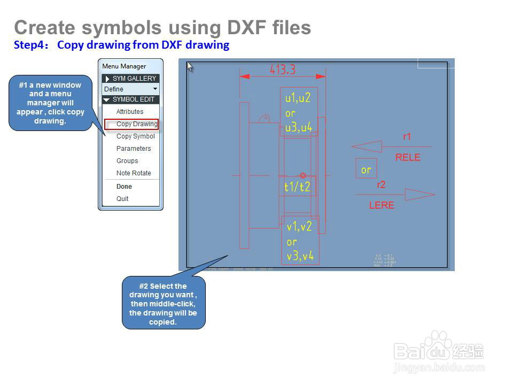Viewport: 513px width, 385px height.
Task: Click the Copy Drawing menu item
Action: tap(137, 124)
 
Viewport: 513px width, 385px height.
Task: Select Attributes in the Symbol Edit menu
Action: tap(130, 112)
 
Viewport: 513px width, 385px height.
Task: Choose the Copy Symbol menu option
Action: tap(136, 136)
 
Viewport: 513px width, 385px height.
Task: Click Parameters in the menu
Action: tap(134, 149)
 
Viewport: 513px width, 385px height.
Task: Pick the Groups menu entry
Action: tap(127, 161)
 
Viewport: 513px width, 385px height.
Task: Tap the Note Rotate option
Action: tap(134, 173)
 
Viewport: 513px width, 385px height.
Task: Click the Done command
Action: tap(124, 187)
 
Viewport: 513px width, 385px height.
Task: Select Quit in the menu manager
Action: tap(122, 199)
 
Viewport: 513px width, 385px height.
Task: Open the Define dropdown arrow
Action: tap(155, 89)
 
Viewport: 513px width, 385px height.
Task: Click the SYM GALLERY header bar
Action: tap(131, 79)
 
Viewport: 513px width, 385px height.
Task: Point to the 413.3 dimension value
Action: tap(283, 70)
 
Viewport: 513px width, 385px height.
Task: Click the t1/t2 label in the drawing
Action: tap(297, 187)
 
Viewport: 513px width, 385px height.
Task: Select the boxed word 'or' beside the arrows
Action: tap(366, 170)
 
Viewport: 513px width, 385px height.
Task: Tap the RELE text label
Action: tap(408, 158)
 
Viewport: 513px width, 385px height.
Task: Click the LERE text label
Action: tap(382, 205)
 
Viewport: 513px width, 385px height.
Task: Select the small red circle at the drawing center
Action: tap(303, 175)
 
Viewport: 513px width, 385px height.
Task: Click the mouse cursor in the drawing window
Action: tap(190, 66)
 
